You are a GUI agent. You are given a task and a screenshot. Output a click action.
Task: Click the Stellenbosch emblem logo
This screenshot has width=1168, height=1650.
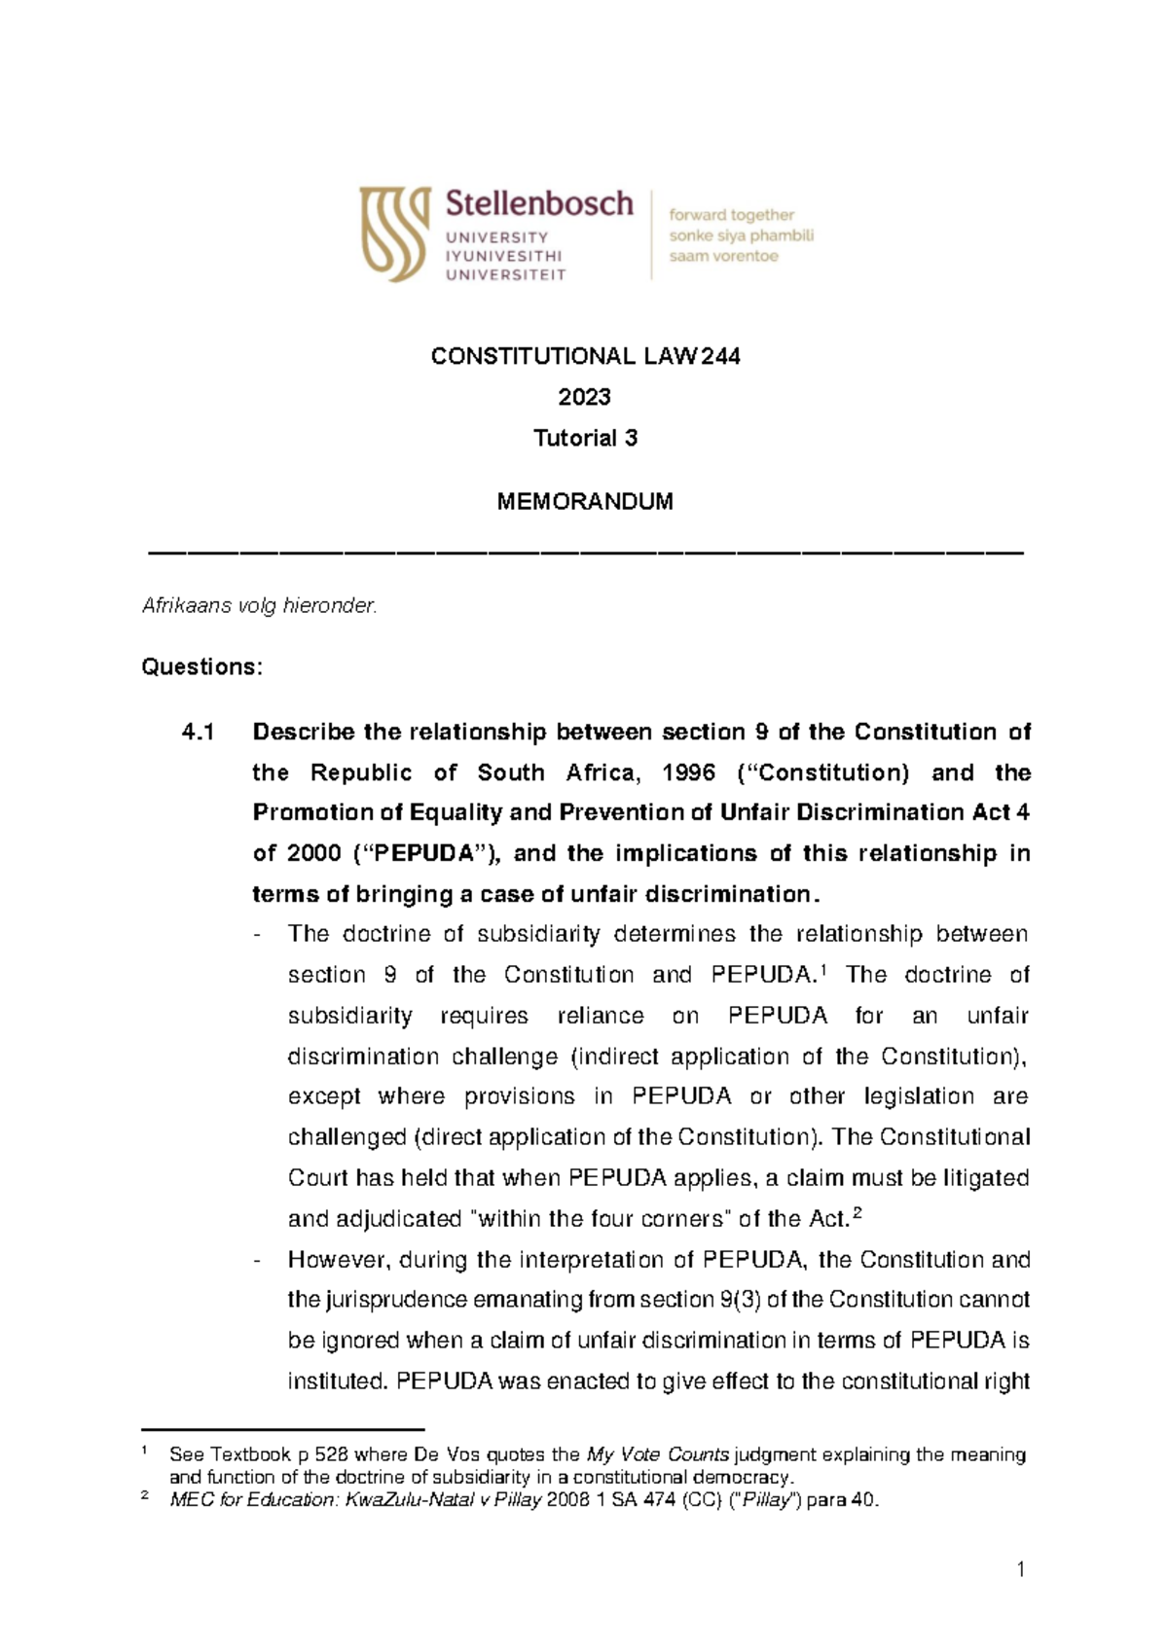tap(394, 233)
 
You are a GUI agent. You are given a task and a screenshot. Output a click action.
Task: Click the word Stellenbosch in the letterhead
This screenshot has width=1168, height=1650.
tap(539, 203)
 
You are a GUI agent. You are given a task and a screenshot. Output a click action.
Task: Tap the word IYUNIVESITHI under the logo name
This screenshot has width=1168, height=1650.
tap(503, 256)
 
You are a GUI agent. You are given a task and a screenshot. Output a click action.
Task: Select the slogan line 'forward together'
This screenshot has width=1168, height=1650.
tap(731, 215)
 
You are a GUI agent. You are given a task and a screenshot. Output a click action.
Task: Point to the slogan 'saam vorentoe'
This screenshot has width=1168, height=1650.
tap(723, 257)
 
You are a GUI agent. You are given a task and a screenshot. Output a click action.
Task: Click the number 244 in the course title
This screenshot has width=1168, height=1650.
tap(720, 357)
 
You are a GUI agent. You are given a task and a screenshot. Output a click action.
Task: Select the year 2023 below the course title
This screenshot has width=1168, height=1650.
tap(584, 397)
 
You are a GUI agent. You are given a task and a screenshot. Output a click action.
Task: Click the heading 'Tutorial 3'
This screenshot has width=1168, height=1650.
tap(585, 438)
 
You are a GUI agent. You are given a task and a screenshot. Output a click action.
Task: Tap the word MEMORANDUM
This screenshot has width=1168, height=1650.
tap(585, 502)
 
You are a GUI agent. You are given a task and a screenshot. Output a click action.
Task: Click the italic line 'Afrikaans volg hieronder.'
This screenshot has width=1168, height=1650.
tap(259, 605)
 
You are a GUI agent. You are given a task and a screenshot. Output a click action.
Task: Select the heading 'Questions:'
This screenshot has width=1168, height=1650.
tap(201, 667)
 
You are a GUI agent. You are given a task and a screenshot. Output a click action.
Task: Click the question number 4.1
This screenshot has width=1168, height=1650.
tap(198, 732)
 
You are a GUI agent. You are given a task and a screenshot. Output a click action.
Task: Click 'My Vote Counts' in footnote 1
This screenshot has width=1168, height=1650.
tap(658, 1454)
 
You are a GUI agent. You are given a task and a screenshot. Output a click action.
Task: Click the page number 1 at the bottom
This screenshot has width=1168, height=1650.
tap(1020, 1569)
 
